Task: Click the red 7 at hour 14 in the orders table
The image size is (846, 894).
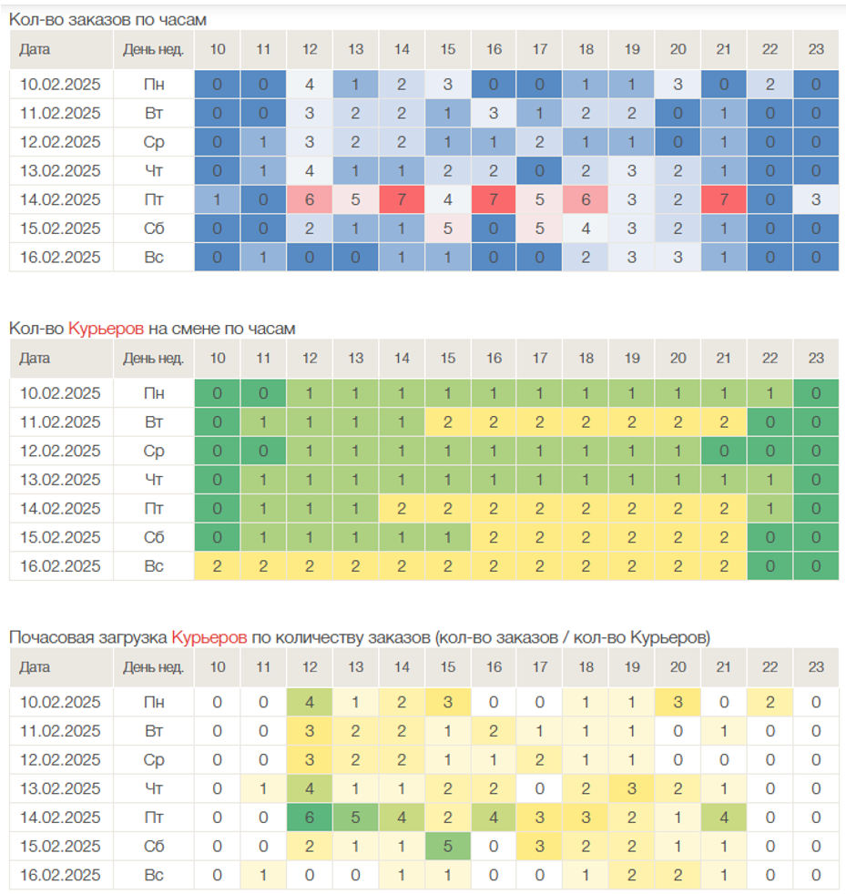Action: coord(402,200)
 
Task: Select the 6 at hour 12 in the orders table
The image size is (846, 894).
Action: coord(310,200)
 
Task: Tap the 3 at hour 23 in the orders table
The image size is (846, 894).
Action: coord(816,200)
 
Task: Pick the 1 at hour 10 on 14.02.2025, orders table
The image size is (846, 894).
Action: coord(218,200)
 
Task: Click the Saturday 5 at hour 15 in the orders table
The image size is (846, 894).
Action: coord(448,229)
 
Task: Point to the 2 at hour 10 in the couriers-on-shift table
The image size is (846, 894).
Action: coord(218,566)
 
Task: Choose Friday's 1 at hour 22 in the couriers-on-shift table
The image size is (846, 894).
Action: coord(770,509)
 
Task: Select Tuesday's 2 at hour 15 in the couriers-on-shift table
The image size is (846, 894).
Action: coord(448,422)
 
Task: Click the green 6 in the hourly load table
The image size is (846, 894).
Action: coord(310,818)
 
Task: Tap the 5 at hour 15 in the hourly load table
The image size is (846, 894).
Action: coord(448,846)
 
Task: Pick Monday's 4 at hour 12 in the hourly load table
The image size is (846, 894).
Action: coord(310,703)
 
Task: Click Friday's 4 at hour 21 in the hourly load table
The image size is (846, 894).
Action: coord(724,818)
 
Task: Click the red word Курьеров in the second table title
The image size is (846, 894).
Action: coord(106,328)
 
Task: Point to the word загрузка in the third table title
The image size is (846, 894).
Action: coord(138,637)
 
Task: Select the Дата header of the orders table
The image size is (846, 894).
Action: coord(35,49)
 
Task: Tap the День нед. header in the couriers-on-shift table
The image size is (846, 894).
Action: coord(154,358)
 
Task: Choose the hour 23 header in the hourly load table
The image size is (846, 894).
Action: coord(816,667)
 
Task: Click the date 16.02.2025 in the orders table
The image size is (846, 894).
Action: coord(60,258)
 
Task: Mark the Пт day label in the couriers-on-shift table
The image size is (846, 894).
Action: coord(154,509)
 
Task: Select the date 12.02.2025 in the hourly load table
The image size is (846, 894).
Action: coord(60,760)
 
